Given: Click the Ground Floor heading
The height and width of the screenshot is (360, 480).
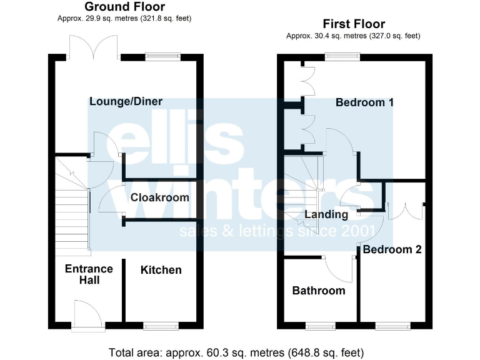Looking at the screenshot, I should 124,7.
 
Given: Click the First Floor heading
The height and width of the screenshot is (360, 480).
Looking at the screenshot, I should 353,24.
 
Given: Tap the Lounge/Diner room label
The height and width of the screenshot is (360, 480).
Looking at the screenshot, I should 126,101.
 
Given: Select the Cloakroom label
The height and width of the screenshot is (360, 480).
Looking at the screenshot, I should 159,197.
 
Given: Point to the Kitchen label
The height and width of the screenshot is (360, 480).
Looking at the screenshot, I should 161,270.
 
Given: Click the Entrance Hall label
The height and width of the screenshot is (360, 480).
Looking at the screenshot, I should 89,274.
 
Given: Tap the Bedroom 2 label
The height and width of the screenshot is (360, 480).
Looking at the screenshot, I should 392,249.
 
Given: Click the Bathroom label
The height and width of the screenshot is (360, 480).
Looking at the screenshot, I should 319,291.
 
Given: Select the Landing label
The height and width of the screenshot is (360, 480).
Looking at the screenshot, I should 326,214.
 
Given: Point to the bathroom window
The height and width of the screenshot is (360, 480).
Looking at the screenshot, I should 319,325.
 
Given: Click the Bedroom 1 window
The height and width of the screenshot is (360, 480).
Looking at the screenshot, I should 342,57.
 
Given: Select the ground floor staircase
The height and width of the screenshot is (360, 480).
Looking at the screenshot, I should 71,206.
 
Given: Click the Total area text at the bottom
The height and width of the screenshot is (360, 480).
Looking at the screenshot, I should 236,352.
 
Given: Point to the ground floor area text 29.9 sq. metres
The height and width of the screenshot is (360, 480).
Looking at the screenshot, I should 123,19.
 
